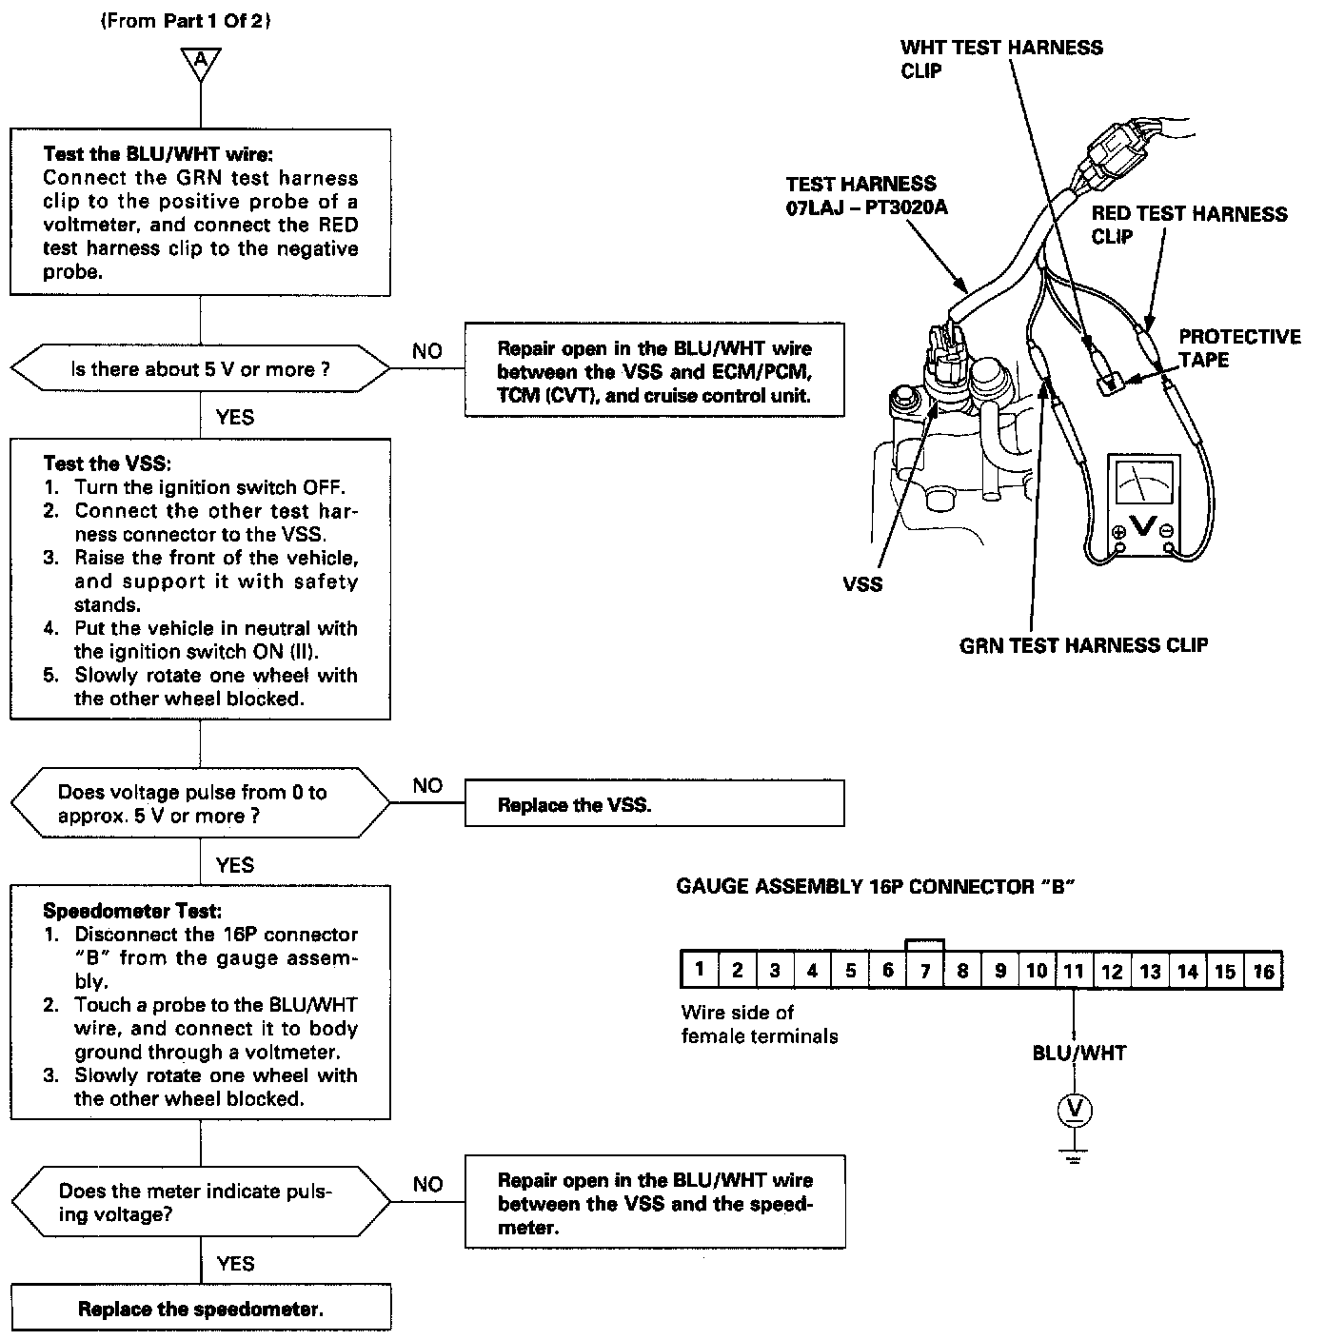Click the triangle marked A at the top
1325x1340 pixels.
coord(200,61)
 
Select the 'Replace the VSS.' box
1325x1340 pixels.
coord(654,804)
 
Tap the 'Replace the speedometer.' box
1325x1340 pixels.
coord(201,1309)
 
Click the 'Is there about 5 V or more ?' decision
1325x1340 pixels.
coord(200,369)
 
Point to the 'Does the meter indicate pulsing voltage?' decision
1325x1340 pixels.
coord(200,1203)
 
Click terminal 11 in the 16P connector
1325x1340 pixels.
coord(1074,971)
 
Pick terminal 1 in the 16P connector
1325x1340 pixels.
coord(700,971)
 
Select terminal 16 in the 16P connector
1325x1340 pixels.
coord(1262,971)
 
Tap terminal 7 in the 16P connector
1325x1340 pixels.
coord(924,971)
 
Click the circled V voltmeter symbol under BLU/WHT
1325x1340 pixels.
coord(1075,1109)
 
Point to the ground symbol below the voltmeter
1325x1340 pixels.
coord(1075,1156)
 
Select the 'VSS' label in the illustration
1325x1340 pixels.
coord(862,583)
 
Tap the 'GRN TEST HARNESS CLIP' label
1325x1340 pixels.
coord(1083,646)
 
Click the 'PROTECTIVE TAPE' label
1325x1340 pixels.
coord(1238,348)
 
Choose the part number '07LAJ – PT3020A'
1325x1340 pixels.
coord(866,207)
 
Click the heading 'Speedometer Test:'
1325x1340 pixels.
coord(119,912)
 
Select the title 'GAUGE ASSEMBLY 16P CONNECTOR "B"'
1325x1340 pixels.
coord(875,887)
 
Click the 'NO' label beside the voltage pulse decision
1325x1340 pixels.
coord(427,785)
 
